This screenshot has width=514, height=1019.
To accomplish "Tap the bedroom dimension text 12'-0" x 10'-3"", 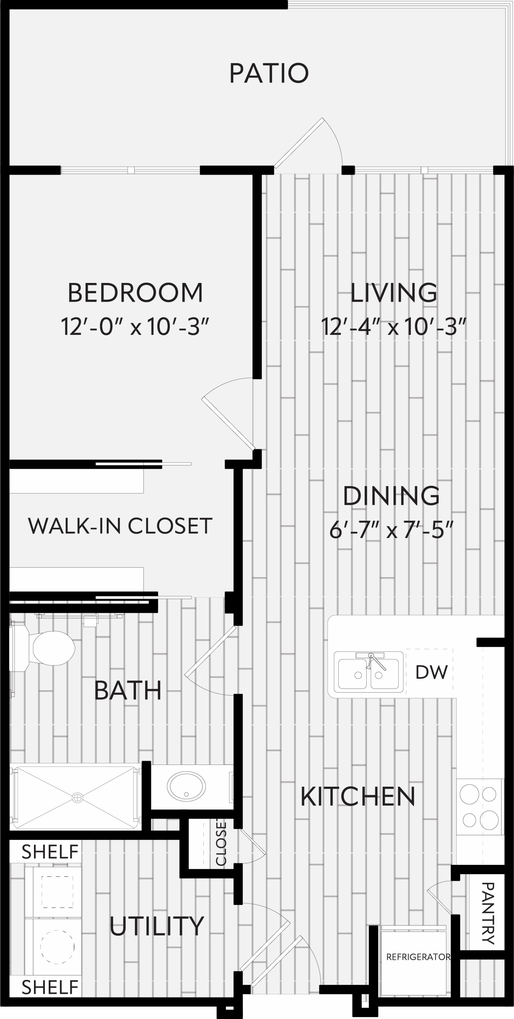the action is [x=135, y=327].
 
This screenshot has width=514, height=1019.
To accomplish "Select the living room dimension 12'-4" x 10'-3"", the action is [x=394, y=327].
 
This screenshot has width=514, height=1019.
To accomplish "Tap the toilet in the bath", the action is [x=43, y=648].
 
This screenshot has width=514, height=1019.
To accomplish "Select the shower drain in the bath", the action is [x=77, y=798].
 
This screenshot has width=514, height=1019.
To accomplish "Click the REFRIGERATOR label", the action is [x=418, y=957].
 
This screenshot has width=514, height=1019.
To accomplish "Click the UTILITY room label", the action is [x=157, y=926].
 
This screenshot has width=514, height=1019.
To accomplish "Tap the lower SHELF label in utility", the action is [x=50, y=988].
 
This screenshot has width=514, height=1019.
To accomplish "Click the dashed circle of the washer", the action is [x=57, y=947].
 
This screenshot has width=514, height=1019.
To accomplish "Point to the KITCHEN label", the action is [x=358, y=796].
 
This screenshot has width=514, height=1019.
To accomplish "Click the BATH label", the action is [x=128, y=690].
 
